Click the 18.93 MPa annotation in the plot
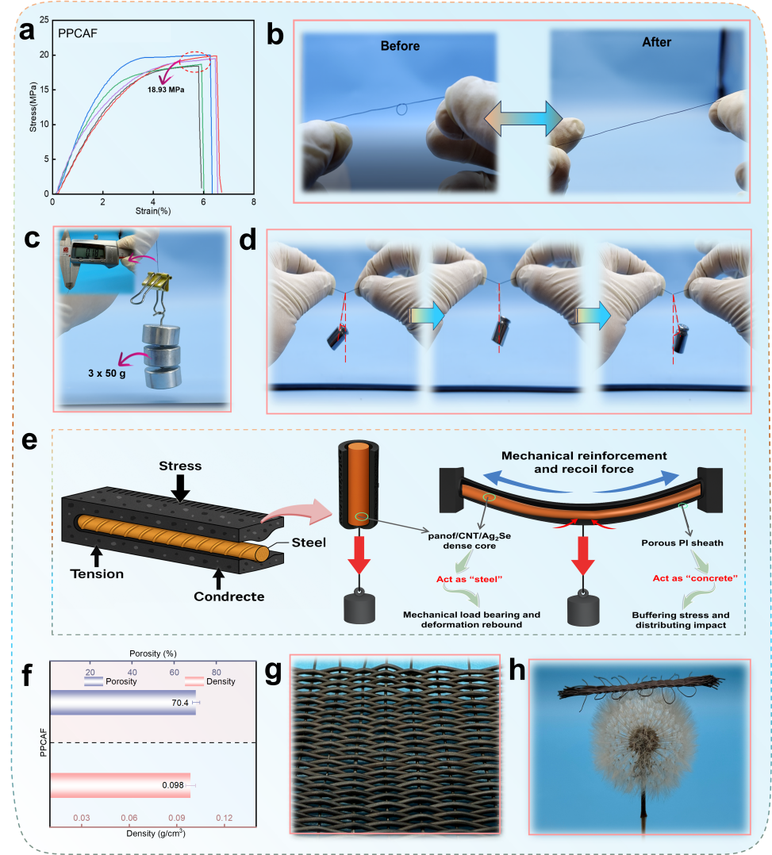point(165,90)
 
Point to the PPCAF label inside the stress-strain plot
point(78,33)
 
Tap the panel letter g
point(274,672)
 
